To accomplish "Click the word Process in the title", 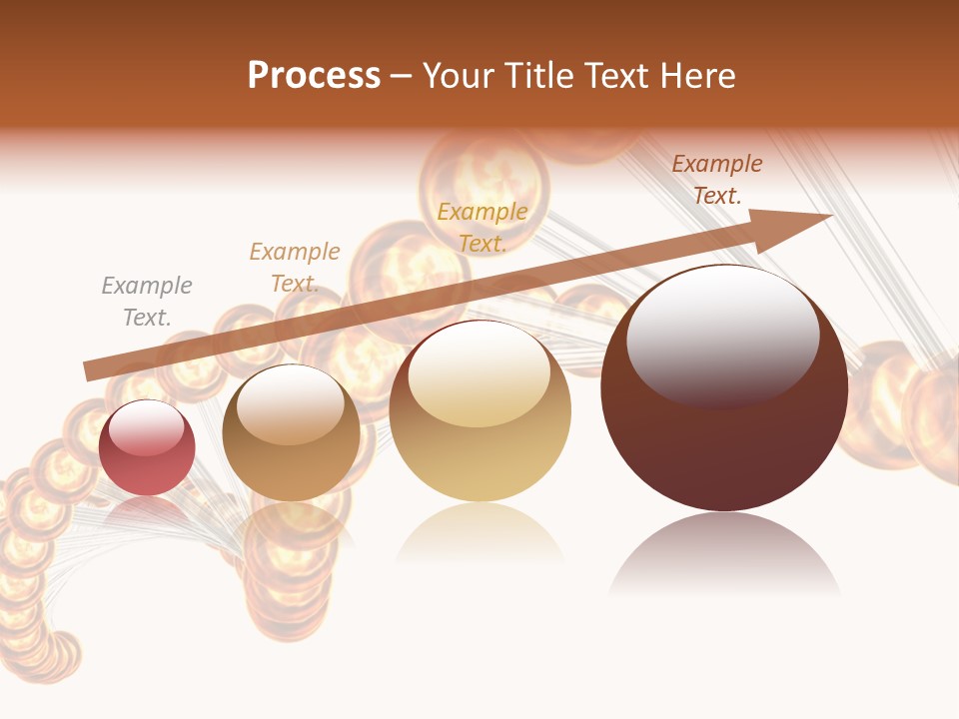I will [x=314, y=76].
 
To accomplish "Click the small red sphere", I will [x=147, y=448].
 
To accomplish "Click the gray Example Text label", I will [x=147, y=302].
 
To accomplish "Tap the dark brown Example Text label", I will [x=716, y=180].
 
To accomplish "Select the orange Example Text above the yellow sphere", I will [x=482, y=227].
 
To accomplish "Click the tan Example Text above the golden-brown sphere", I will [x=295, y=268].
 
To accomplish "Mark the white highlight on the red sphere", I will [x=147, y=427].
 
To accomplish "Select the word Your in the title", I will [x=459, y=76].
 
